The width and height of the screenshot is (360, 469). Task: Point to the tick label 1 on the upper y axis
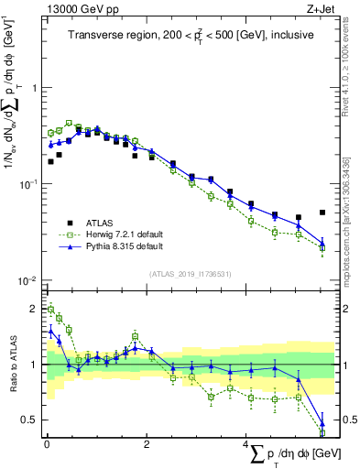(x=34, y=89)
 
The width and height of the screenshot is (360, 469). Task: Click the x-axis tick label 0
(x=46, y=443)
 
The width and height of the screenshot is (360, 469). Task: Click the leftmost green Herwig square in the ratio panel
(x=50, y=310)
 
